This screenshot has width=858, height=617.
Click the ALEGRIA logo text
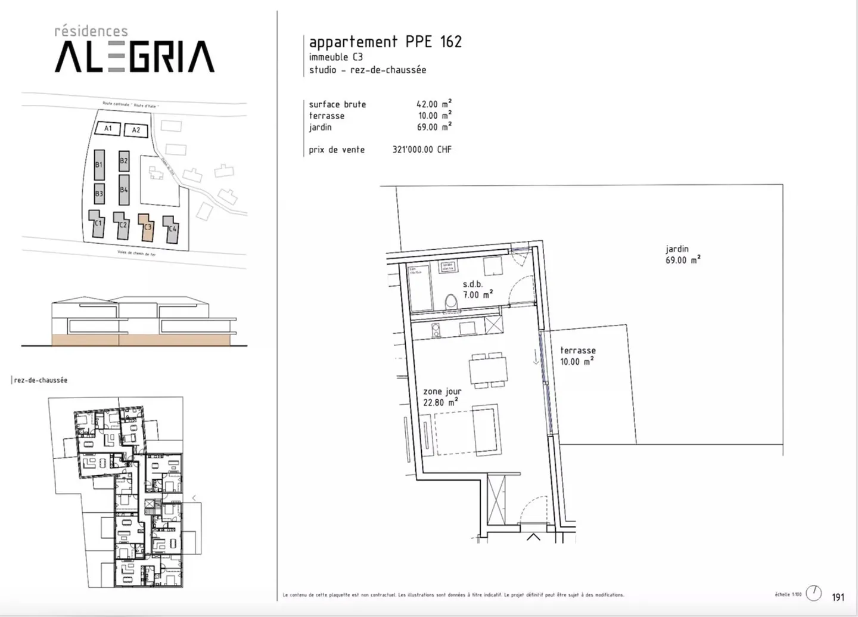(x=135, y=57)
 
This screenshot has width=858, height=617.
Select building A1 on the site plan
(x=108, y=128)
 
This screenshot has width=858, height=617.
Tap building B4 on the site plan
(x=124, y=190)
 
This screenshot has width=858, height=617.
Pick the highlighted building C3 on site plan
(x=146, y=227)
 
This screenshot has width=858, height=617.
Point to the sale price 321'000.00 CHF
(x=422, y=150)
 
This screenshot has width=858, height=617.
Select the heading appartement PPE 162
(x=385, y=42)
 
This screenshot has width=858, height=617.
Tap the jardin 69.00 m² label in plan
(x=682, y=255)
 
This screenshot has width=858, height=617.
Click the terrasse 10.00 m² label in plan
(x=577, y=356)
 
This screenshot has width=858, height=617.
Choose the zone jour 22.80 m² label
(x=442, y=397)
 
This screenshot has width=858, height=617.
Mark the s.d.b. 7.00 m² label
(x=477, y=290)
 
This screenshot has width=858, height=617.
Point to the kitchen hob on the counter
(x=435, y=328)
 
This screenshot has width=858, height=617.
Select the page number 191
(x=838, y=597)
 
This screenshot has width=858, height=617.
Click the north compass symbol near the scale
(x=813, y=593)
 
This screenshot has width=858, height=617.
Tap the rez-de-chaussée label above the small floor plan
(x=41, y=380)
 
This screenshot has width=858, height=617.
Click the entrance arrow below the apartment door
(x=533, y=537)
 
